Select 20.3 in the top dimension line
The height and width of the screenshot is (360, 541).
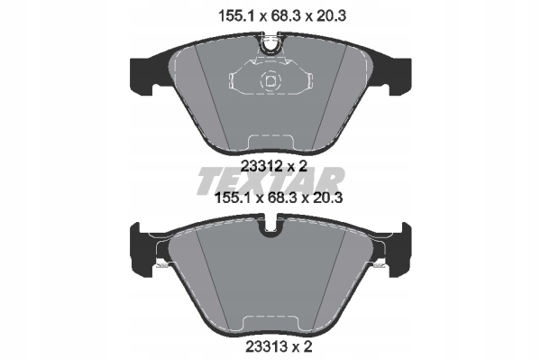click(x=331, y=16)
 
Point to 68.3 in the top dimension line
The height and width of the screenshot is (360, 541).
click(x=285, y=16)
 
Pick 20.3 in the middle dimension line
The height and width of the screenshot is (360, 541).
click(x=327, y=198)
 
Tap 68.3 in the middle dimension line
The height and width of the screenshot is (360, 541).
click(x=281, y=198)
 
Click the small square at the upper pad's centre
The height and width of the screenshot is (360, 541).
click(x=270, y=81)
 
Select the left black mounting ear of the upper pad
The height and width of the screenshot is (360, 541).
click(x=142, y=76)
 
